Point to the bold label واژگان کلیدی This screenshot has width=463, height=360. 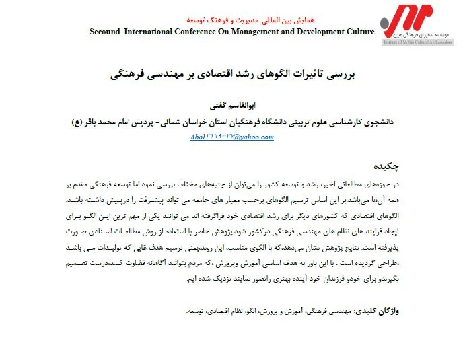380,312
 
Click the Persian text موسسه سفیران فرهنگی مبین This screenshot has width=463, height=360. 422,34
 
